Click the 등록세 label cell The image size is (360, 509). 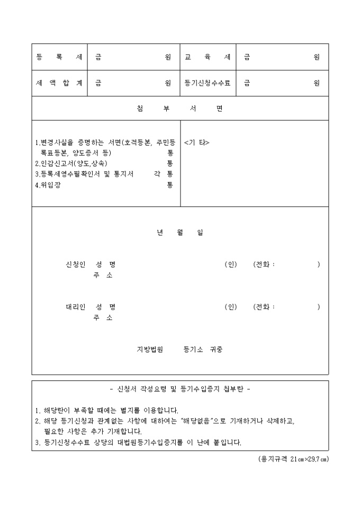pyautogui.click(x=59, y=57)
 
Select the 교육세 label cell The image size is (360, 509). pyautogui.click(x=208, y=57)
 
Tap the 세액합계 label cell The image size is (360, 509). pyautogui.click(x=59, y=83)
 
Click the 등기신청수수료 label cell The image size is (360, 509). pyautogui.click(x=208, y=83)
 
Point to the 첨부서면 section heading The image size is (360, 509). pyautogui.click(x=180, y=108)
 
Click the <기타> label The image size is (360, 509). pyautogui.click(x=197, y=142)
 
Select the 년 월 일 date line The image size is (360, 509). pyautogui.click(x=180, y=232)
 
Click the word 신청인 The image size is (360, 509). pyautogui.click(x=75, y=264)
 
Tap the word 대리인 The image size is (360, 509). pyautogui.click(x=75, y=307)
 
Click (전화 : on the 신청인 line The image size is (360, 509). pyautogui.click(x=265, y=264)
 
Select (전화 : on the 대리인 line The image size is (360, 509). pyautogui.click(x=265, y=307)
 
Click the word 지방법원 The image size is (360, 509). pyautogui.click(x=150, y=350)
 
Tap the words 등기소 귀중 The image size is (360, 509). pyautogui.click(x=203, y=350)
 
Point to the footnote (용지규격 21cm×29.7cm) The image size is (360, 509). pyautogui.click(x=290, y=459)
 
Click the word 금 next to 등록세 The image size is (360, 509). pyautogui.click(x=98, y=57)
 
